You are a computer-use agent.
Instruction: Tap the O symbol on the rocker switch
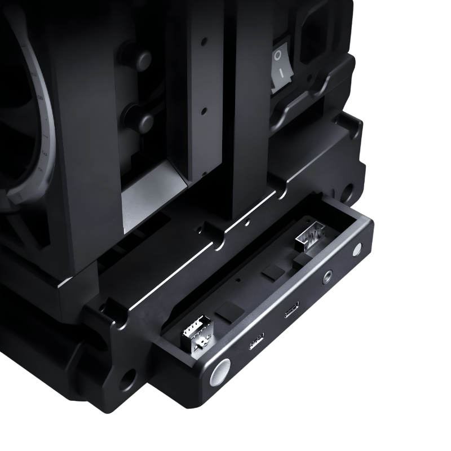point(277,56)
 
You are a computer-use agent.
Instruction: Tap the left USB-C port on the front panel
point(256,342)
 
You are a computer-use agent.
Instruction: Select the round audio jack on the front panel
point(326,277)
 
